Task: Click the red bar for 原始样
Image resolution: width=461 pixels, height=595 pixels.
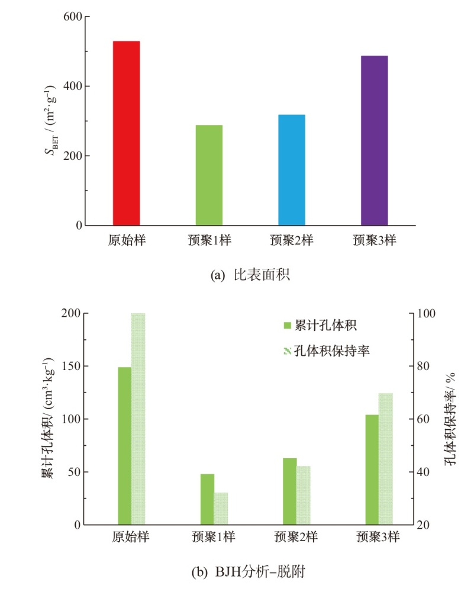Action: point(126,133)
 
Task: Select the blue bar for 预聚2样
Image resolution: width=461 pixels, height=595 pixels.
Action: point(292,170)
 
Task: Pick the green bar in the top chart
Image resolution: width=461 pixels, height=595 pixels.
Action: point(209,175)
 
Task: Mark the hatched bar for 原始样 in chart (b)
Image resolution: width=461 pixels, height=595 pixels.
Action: point(138,419)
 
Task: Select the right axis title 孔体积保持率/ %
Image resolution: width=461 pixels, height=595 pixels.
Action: point(450,419)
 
